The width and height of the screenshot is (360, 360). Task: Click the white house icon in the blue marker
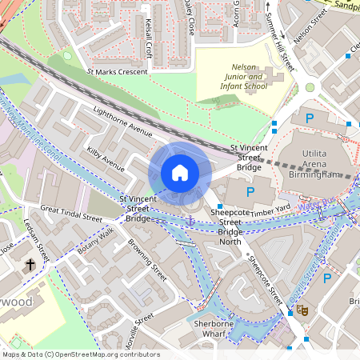click(180, 173)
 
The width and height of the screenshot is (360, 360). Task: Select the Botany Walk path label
click(96, 241)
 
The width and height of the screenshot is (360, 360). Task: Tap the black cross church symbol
click(30, 263)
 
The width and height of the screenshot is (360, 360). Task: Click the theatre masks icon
click(302, 310)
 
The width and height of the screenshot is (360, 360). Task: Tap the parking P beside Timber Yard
click(250, 192)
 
